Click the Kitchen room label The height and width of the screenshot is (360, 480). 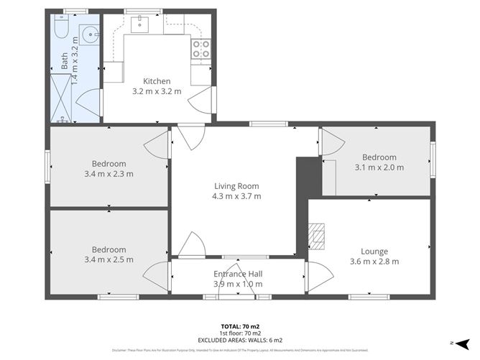[x=157, y=80]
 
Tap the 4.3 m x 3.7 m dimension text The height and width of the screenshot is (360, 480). [x=236, y=196]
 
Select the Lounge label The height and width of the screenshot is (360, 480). [x=374, y=251]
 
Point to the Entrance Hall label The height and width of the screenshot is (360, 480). [x=238, y=274]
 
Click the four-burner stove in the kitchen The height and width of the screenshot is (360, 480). [x=201, y=49]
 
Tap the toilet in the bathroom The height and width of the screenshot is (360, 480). [x=60, y=28]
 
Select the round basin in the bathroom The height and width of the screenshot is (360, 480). [x=89, y=34]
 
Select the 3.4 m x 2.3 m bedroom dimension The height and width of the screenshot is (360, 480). [x=109, y=174]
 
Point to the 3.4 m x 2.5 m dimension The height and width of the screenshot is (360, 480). [x=109, y=259]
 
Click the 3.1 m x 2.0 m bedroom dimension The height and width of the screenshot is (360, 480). [x=379, y=167]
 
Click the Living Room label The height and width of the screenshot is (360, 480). [x=236, y=185]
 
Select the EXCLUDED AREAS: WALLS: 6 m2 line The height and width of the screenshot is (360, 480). [x=240, y=340]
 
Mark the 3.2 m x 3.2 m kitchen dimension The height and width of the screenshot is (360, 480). [x=157, y=91]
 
